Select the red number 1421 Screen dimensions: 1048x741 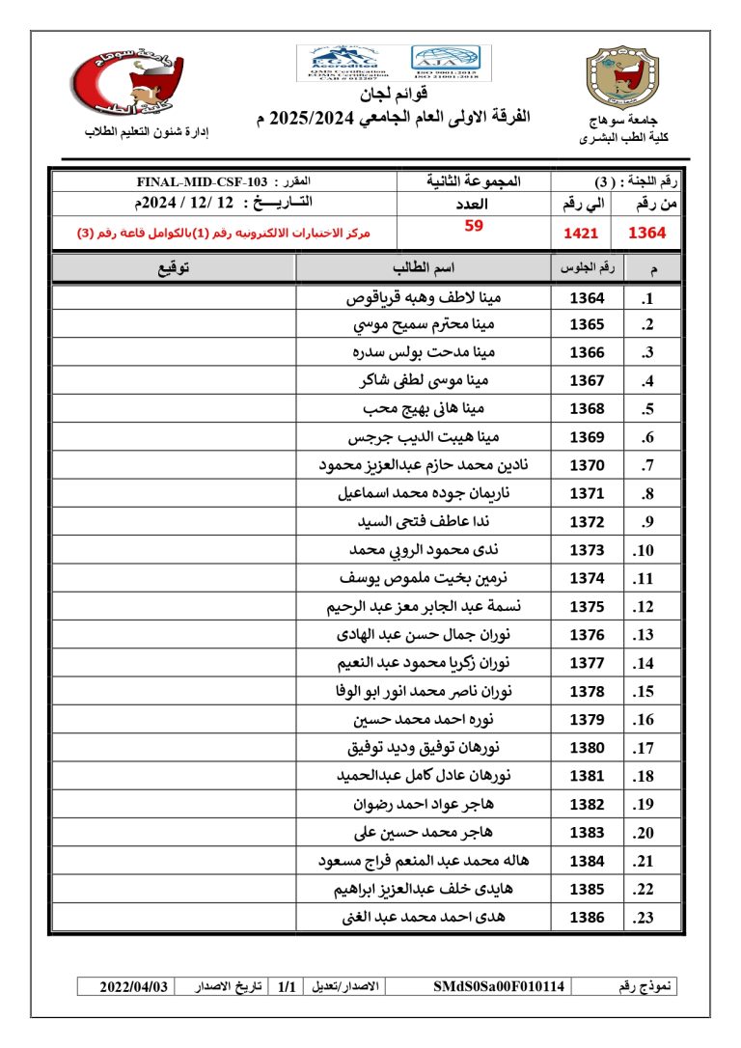[x=581, y=233]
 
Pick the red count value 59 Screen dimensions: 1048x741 [x=474, y=226]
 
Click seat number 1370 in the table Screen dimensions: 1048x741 [x=587, y=465]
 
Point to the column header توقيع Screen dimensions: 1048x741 [x=173, y=267]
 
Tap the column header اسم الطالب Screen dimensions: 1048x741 [x=424, y=267]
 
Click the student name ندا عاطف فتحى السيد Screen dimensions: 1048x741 [x=425, y=522]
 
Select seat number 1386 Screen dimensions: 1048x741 [x=587, y=917]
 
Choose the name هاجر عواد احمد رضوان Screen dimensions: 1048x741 [x=425, y=804]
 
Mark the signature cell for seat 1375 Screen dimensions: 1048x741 [x=173, y=606]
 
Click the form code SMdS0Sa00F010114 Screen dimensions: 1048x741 [x=500, y=986]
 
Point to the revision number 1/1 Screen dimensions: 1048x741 [x=286, y=986]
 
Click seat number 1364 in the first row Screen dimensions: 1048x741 [x=587, y=298]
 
